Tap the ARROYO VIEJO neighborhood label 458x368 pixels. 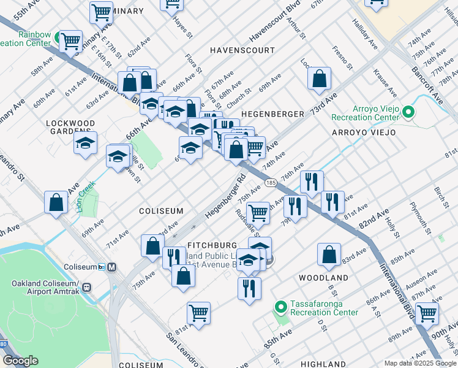[x=364, y=132]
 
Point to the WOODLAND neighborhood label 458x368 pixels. [x=323, y=278]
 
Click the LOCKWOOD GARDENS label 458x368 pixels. [x=71, y=127]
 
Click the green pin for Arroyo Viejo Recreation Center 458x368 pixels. [x=410, y=112]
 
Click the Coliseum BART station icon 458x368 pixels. [x=111, y=267]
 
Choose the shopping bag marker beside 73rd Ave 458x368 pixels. [x=319, y=79]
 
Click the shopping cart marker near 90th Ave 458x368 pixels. [x=427, y=313]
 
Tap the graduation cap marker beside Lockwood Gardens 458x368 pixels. [x=86, y=144]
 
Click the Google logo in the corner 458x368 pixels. [x=21, y=361]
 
